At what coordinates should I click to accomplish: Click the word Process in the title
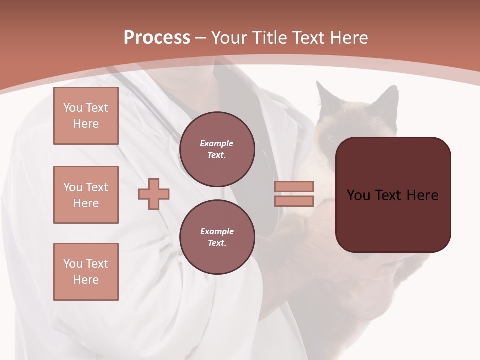157,38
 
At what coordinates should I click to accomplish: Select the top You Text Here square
86,116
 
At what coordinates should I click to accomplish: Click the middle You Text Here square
86,195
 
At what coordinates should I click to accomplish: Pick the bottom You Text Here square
86,272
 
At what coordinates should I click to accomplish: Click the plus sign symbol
154,194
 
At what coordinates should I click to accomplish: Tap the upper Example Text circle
217,149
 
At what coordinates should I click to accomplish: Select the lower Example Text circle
217,237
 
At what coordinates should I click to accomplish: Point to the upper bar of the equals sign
294,186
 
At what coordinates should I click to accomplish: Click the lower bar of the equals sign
294,201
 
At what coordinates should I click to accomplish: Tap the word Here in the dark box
422,195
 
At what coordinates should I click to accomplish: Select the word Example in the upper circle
217,144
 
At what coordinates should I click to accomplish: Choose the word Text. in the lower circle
217,243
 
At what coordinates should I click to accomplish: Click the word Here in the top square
86,124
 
